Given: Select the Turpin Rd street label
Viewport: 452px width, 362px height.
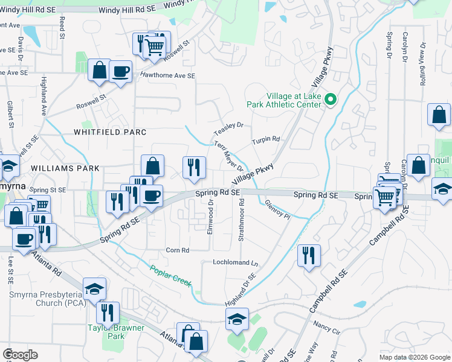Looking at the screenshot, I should tap(266, 140).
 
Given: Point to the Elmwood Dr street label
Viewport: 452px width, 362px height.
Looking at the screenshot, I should tap(211, 218).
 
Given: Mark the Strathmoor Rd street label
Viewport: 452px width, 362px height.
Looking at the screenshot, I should tap(241, 223).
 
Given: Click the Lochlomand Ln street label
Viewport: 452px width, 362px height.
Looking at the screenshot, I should tap(235, 263).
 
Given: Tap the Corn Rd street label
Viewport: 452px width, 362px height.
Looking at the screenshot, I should tap(178, 250).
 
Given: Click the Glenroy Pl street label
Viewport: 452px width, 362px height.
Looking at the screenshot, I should tap(278, 211).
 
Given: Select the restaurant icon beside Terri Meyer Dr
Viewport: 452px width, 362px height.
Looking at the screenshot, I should tap(194, 167).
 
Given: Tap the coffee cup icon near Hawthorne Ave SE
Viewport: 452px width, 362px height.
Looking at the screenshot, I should tap(120, 71).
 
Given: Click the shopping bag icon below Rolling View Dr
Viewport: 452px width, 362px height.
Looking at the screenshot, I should tap(439, 114).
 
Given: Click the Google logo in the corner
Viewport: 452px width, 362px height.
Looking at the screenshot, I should tap(21, 355).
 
